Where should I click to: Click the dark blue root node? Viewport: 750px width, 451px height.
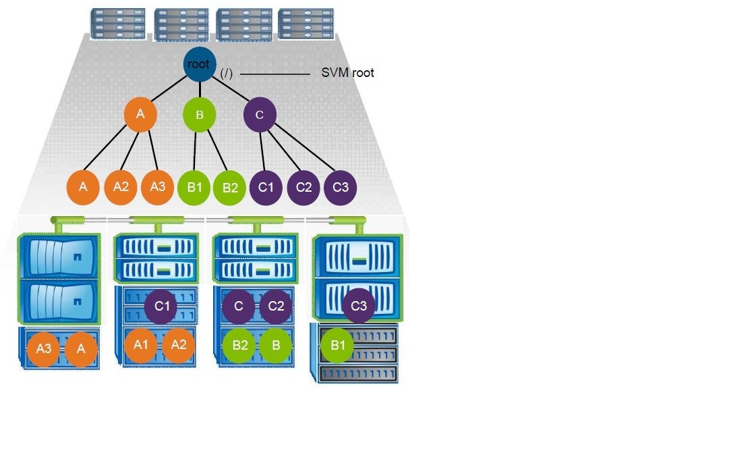click(199, 65)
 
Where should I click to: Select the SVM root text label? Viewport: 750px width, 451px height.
click(347, 73)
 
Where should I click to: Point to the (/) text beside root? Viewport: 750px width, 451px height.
click(226, 74)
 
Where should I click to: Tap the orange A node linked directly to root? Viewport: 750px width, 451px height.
click(140, 115)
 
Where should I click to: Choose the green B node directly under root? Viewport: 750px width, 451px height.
click(199, 115)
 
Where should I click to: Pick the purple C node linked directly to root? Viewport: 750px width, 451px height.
click(260, 115)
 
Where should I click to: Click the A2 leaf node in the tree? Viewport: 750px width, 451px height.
click(121, 186)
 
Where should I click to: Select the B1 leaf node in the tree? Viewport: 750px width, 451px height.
click(195, 186)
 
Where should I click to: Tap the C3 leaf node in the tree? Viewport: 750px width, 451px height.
click(340, 187)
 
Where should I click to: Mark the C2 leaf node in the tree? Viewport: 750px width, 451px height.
click(304, 187)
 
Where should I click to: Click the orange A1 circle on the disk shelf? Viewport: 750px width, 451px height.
click(141, 344)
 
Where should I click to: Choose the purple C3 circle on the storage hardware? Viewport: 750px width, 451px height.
click(358, 306)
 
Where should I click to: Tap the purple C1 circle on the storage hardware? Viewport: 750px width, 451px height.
click(161, 306)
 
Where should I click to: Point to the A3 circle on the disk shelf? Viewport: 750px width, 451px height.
click(44, 349)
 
